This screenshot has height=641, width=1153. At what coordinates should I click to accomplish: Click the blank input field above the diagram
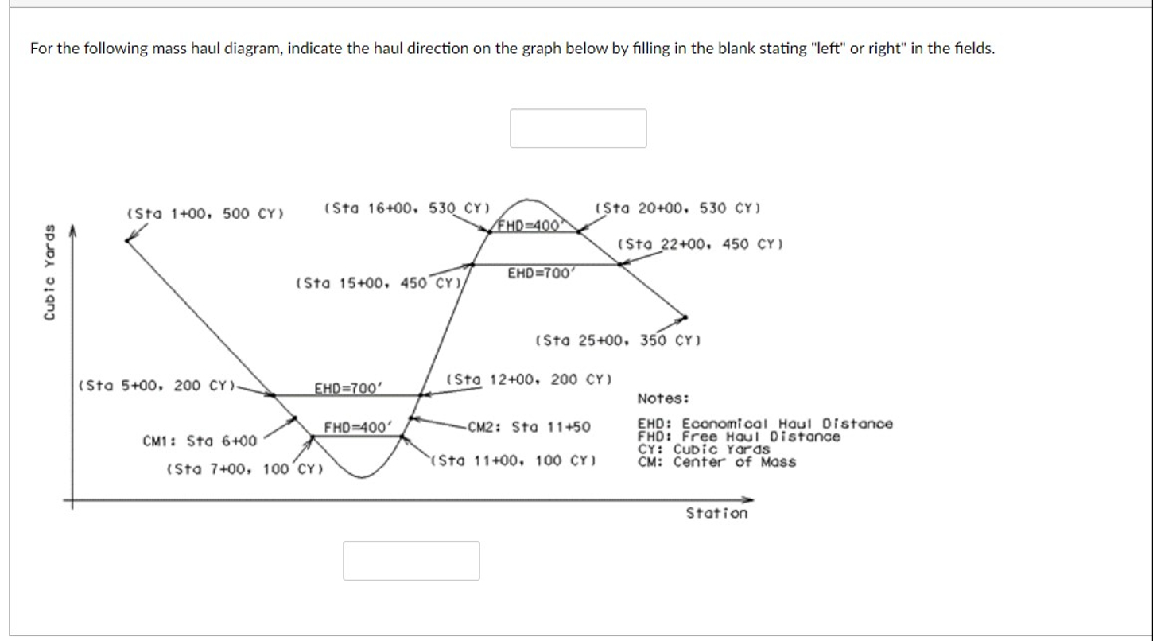(x=578, y=128)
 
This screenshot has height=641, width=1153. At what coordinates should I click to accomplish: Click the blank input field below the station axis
(x=411, y=561)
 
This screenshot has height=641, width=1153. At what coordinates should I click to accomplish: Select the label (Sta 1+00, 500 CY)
(x=206, y=213)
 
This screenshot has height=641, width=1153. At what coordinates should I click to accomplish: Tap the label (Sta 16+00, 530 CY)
(x=406, y=208)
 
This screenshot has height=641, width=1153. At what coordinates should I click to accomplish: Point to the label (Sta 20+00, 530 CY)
(x=678, y=208)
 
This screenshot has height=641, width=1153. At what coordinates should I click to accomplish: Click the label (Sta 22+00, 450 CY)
(x=700, y=243)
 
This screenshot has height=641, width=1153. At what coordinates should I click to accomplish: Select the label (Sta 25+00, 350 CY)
(x=617, y=342)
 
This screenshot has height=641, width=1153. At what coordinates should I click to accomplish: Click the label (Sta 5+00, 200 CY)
(x=157, y=386)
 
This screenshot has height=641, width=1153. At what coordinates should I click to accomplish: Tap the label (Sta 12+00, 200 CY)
(x=530, y=379)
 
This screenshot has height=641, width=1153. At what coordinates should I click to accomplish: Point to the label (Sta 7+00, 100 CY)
(x=245, y=469)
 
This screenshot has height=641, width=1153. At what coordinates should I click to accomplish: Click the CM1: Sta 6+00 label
(x=199, y=441)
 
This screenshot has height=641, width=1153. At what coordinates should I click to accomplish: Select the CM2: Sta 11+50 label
(x=529, y=427)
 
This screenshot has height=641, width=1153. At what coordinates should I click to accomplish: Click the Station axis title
(x=716, y=513)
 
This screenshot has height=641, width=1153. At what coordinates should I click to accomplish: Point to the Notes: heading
(x=663, y=398)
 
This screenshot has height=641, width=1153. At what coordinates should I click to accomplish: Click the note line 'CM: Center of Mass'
(x=716, y=462)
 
